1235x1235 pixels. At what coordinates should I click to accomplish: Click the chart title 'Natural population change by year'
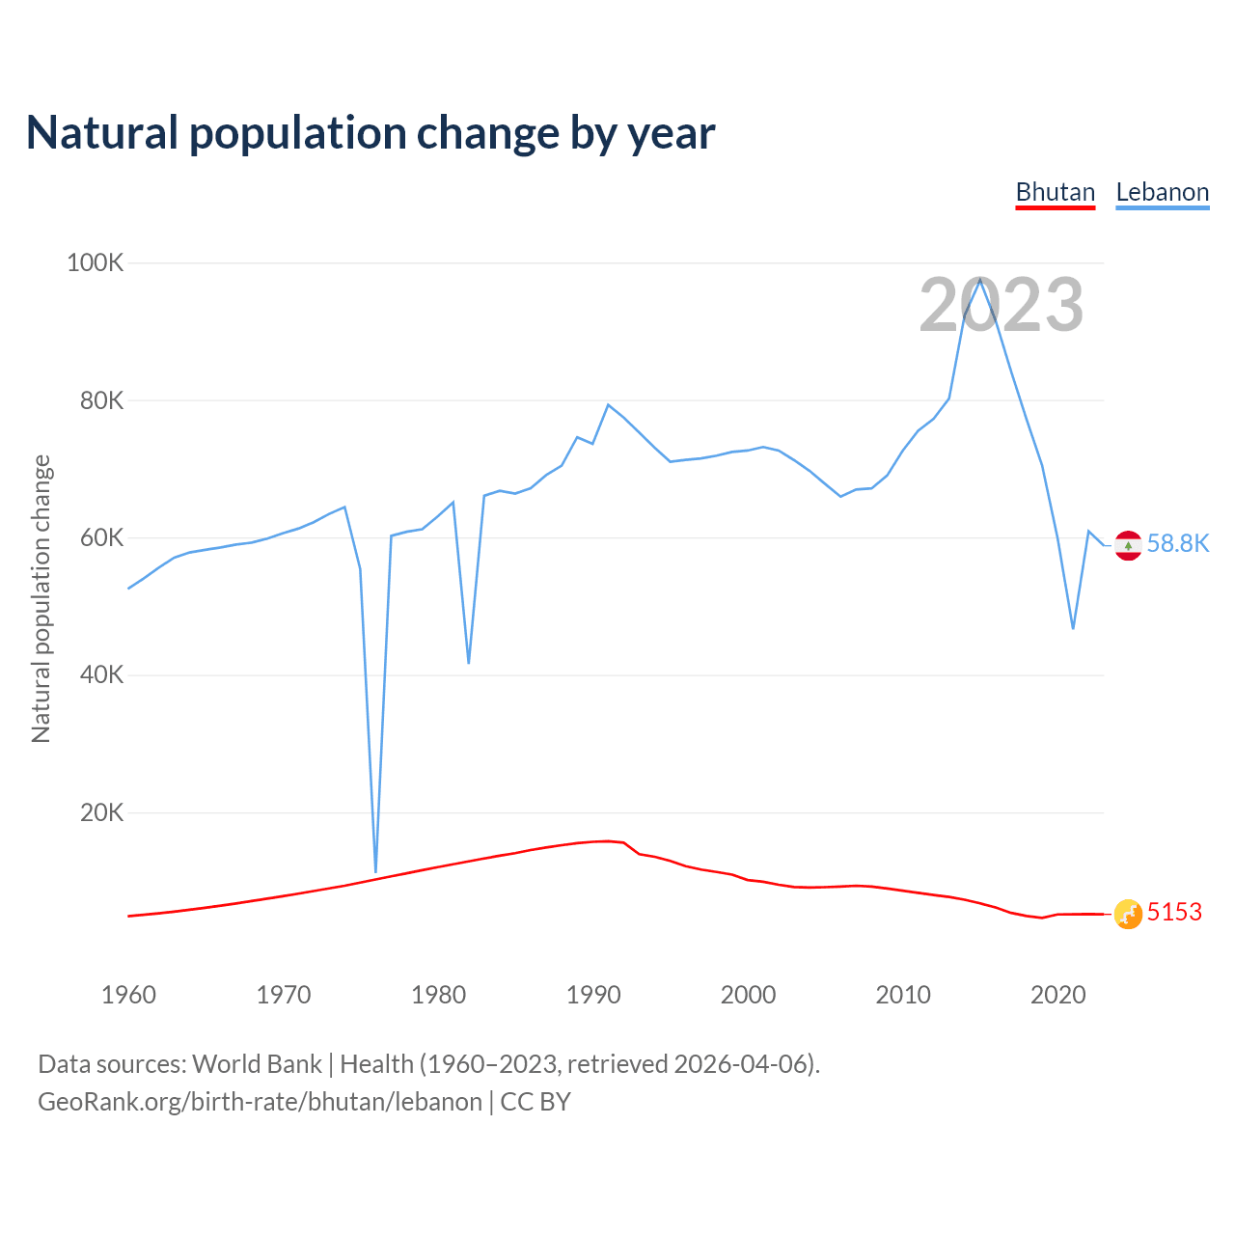[x=370, y=133]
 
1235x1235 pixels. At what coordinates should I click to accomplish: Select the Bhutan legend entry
[x=1056, y=192]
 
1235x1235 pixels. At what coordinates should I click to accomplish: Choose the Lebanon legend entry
[x=1162, y=192]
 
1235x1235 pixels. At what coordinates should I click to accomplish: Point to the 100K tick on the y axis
[x=95, y=262]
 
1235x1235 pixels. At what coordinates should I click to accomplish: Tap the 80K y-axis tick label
[x=101, y=400]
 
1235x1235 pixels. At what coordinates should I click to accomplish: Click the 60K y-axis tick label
[x=101, y=537]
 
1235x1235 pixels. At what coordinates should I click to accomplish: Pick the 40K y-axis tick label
[x=101, y=675]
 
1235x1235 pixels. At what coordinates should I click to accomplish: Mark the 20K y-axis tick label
[x=101, y=812]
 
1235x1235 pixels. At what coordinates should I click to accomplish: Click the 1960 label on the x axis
[x=128, y=995]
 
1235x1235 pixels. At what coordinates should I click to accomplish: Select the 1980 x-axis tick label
[x=439, y=995]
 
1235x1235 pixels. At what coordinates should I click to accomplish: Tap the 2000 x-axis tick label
[x=748, y=995]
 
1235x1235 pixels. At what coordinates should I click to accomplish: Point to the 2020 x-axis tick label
[x=1058, y=995]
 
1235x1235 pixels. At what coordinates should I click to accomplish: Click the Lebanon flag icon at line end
[x=1128, y=545]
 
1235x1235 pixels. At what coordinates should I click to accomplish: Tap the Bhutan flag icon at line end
[x=1128, y=914]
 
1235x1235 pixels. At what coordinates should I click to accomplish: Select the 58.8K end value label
[x=1178, y=543]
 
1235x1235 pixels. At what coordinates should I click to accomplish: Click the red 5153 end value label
[x=1174, y=912]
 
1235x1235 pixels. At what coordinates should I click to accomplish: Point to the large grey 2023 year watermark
[x=1002, y=305]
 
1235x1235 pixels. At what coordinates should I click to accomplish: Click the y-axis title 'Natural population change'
[x=41, y=598]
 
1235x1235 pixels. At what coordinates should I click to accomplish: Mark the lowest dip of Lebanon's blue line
[x=375, y=871]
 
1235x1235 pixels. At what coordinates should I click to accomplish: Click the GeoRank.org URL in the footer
[x=260, y=1102]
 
